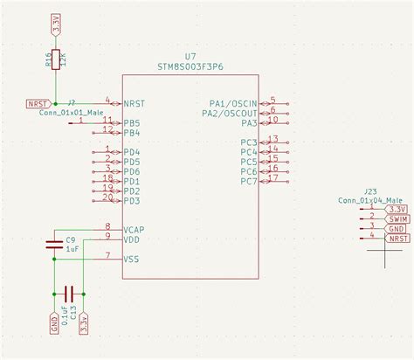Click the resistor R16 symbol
point(56,59)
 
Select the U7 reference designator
point(191,55)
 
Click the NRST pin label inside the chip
point(134,103)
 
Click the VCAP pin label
point(135,230)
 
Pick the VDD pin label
point(132,239)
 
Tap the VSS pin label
point(132,259)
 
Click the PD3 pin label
point(132,201)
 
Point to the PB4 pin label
point(132,133)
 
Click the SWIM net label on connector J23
point(397,218)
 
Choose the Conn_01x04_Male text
point(383,200)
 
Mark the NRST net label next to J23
point(397,238)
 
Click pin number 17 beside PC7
point(273,177)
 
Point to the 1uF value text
point(73,249)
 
